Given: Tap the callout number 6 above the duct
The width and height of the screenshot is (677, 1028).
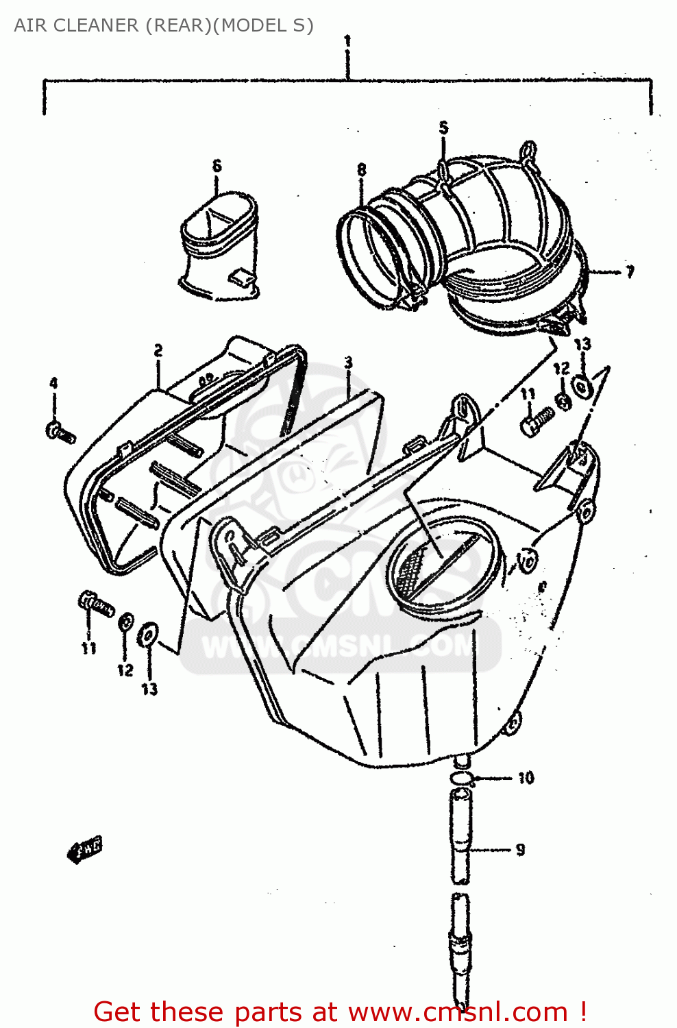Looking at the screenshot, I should (217, 166).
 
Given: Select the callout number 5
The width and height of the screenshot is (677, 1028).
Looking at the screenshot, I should (443, 127).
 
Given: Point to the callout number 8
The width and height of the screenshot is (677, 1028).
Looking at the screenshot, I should (361, 169).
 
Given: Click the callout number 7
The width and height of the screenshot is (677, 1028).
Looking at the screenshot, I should (629, 272).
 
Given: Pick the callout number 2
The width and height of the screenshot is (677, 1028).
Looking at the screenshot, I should (158, 351).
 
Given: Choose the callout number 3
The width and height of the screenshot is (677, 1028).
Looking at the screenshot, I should (348, 362).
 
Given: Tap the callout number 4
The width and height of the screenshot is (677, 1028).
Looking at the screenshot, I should (53, 383).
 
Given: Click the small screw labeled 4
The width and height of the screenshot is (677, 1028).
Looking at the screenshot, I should (59, 432).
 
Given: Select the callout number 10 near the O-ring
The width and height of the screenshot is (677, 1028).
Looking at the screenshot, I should (526, 778).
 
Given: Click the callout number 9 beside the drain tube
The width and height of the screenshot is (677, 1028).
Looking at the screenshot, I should (520, 850).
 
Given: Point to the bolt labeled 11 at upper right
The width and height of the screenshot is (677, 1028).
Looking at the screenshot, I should (537, 420).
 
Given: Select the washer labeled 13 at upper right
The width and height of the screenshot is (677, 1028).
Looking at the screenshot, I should (582, 387).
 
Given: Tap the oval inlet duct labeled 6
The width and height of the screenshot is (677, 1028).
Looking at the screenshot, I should (219, 247).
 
